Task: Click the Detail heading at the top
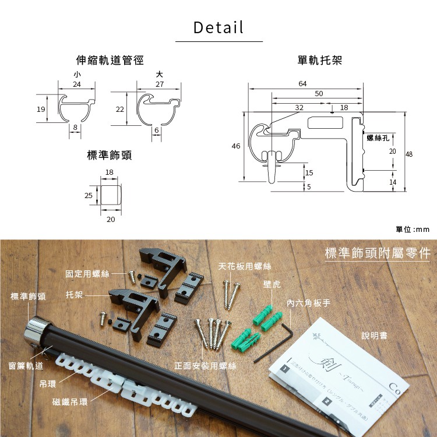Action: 218,27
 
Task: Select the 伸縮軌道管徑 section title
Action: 110,60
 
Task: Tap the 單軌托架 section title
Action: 319,60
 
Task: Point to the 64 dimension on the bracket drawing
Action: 302,84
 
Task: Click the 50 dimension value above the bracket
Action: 319,94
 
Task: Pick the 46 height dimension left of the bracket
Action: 236,146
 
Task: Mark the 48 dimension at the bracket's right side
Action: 409,154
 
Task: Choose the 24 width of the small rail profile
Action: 77,84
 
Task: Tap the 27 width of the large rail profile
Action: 160,84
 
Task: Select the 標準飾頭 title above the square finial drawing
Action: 109,155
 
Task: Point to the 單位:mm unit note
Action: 413,230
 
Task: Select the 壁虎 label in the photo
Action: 272,284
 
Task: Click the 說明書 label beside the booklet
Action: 375,336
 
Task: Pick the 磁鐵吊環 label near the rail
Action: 70,402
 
